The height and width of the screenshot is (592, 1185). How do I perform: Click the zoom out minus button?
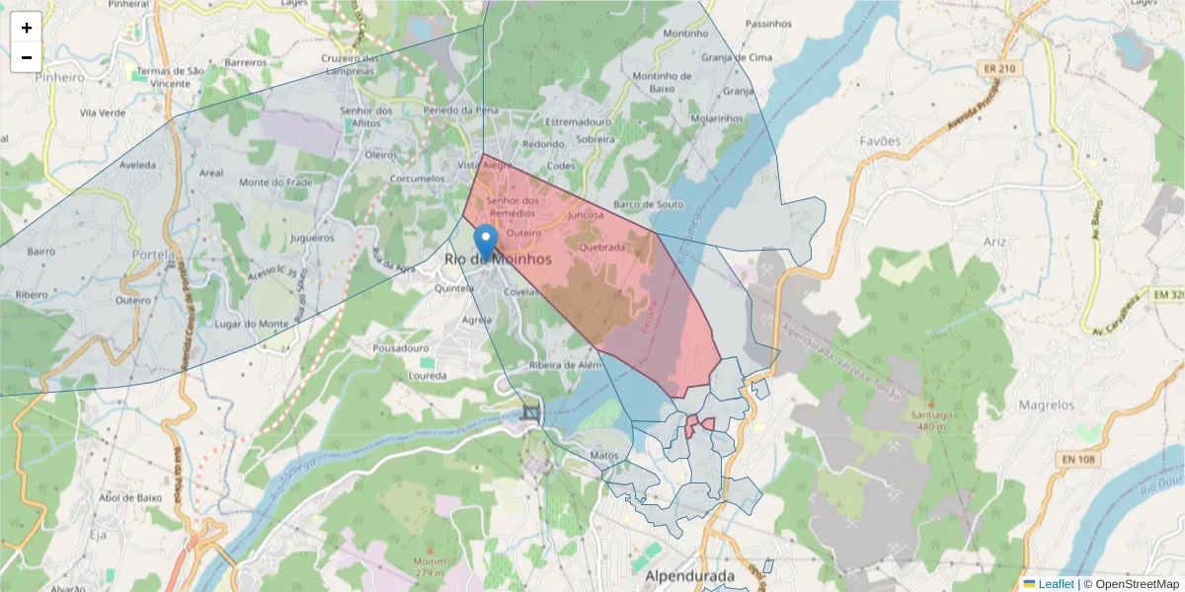pos(27,57)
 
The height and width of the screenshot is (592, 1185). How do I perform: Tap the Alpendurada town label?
pos(689,575)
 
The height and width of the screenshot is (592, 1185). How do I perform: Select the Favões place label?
pos(880,141)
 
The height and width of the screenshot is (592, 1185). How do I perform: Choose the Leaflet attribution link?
pos(1056,584)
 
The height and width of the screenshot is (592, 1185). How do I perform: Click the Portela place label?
pos(153,255)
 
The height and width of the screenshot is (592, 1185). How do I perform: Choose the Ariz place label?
pos(994,241)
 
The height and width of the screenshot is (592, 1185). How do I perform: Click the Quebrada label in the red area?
pos(603,248)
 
